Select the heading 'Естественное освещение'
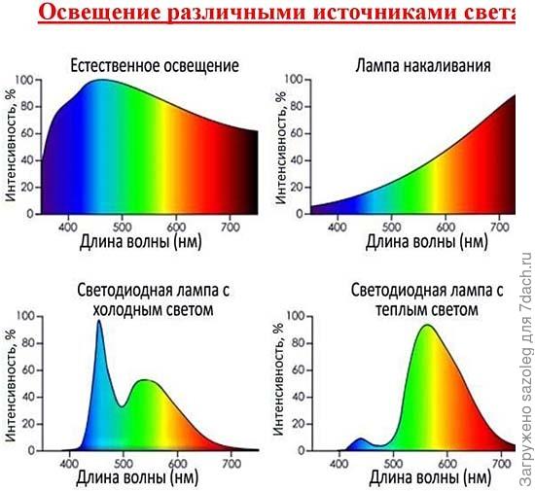point(155,66)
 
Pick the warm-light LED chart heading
point(425,300)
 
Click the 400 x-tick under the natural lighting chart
point(68,228)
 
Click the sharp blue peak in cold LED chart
point(99,322)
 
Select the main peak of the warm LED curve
point(425,326)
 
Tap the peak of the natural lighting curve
point(101,81)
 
